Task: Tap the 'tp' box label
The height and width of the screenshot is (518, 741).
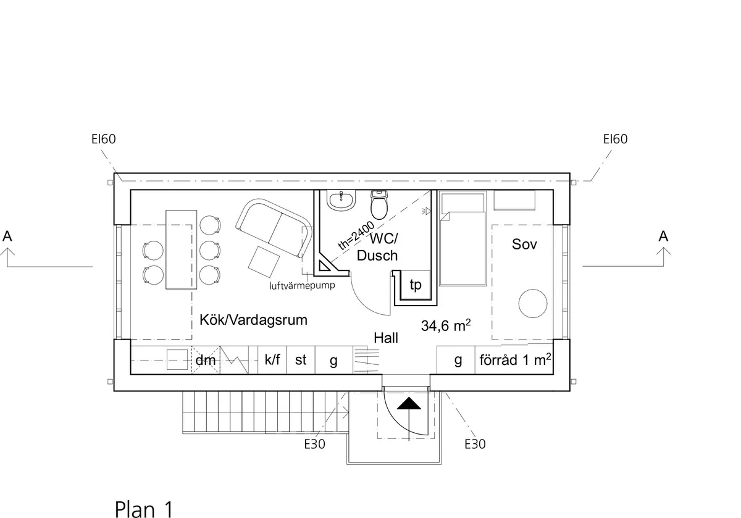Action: pos(416,285)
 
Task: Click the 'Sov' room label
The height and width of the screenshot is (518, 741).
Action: pos(524,244)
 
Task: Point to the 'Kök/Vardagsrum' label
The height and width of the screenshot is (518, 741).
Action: pos(253,321)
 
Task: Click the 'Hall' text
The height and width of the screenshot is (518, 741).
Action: pos(386,338)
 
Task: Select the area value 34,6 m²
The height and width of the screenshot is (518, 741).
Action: pos(446,325)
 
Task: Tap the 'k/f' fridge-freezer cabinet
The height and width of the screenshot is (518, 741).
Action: pos(272,360)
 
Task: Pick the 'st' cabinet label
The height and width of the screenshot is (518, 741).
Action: pos(301,360)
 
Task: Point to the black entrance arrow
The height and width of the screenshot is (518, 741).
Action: pos(409,404)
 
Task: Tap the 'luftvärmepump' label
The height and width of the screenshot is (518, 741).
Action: pos(302,286)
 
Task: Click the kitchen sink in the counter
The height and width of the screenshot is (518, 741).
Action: pos(178,359)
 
